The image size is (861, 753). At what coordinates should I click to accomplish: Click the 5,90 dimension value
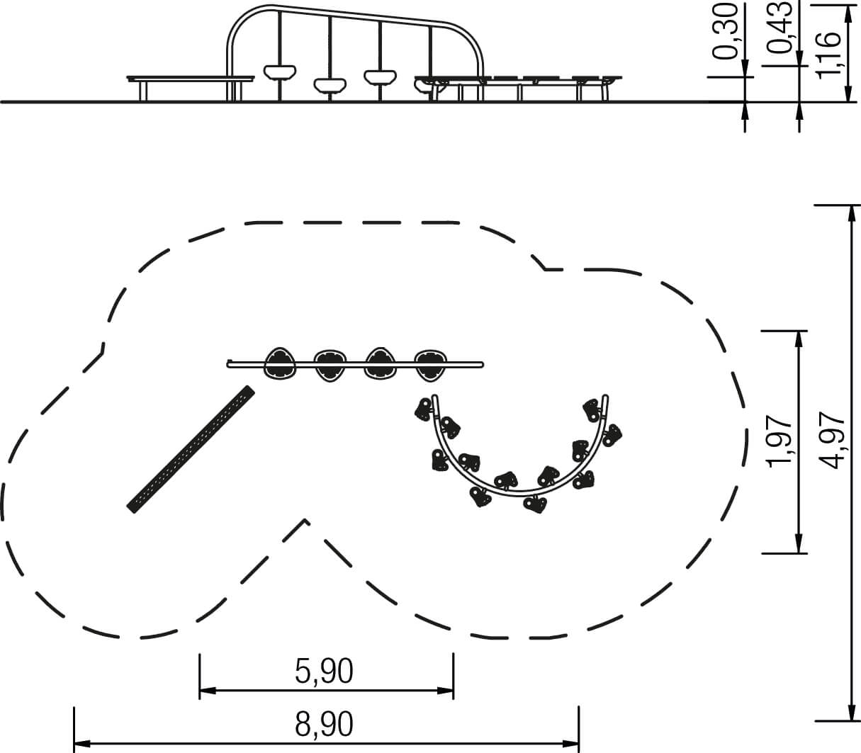(324, 672)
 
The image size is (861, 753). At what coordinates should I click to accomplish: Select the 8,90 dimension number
(324, 724)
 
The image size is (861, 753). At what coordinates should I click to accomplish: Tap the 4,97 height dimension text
(832, 441)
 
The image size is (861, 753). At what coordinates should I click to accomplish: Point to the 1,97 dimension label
(780, 441)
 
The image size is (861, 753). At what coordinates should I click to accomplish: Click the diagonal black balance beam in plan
(191, 449)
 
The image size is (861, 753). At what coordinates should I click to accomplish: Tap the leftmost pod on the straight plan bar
(280, 364)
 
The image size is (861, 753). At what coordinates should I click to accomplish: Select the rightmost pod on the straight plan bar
(430, 364)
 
